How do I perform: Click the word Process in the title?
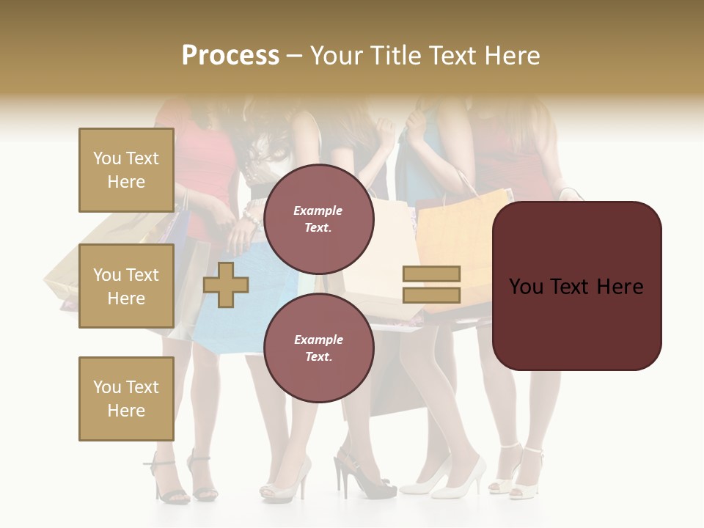click(230, 55)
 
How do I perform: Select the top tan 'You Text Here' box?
click(126, 170)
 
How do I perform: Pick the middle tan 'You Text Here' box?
click(126, 286)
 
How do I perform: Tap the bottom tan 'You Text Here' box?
click(126, 399)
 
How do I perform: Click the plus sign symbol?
click(225, 285)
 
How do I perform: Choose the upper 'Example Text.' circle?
click(318, 219)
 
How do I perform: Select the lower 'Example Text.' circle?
click(318, 348)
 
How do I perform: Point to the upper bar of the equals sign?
click(431, 274)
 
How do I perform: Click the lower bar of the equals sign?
click(431, 295)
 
